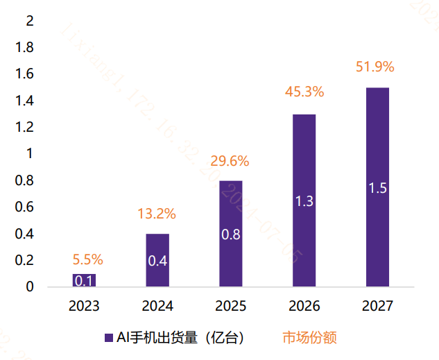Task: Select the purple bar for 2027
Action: pyautogui.click(x=377, y=187)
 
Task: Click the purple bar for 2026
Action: pyautogui.click(x=304, y=200)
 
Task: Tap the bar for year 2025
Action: pyautogui.click(x=231, y=233)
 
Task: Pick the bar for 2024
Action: pyautogui.click(x=157, y=260)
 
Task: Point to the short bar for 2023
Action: pyautogui.click(x=84, y=280)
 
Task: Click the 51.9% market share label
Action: pyautogui.click(x=375, y=67)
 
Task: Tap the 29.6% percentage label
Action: pyautogui.click(x=230, y=162)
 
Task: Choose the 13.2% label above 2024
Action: pyautogui.click(x=157, y=214)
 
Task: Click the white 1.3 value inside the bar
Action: pyautogui.click(x=304, y=201)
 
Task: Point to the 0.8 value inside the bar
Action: pyautogui.click(x=231, y=234)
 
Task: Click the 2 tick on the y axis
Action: pyautogui.click(x=29, y=22)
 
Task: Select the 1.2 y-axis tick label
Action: pyautogui.click(x=25, y=128)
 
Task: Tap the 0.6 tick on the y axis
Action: pyautogui.click(x=25, y=207)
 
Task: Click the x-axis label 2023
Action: pyautogui.click(x=84, y=306)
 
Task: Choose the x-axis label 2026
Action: pyautogui.click(x=304, y=306)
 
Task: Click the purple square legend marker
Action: pyautogui.click(x=108, y=338)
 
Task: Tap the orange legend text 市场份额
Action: pyautogui.click(x=309, y=338)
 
